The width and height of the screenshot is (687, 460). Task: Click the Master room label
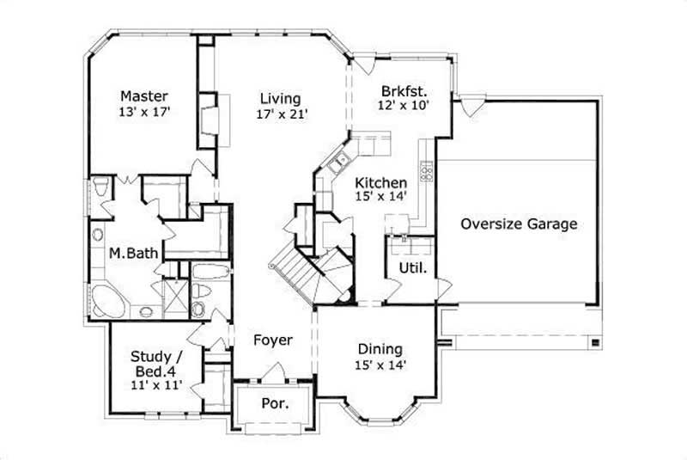[x=143, y=95]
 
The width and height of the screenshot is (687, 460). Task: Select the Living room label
[x=281, y=97]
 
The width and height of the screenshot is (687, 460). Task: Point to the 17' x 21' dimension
[x=281, y=113]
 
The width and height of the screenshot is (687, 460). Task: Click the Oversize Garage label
[x=518, y=224]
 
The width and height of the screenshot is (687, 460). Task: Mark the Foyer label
[x=272, y=340]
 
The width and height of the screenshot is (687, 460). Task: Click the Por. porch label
[x=274, y=402]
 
